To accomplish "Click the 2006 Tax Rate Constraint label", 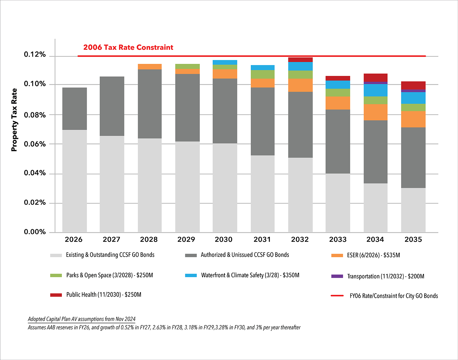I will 128,47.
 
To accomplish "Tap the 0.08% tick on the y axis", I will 35,115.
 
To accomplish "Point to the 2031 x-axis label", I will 262,239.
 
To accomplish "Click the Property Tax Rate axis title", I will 14,120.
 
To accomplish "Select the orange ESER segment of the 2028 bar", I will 150,67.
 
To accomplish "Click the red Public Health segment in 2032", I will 300,60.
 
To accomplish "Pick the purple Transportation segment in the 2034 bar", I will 375,83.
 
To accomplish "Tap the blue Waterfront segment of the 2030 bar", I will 225,62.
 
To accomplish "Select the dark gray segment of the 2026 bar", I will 74,109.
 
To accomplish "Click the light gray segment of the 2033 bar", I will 338,203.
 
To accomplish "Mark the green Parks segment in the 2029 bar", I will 187,66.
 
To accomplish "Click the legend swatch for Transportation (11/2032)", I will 337,276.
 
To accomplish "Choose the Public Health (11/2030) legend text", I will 104,295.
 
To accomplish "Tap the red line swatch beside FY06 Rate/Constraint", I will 337,296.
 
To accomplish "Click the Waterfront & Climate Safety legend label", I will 250,275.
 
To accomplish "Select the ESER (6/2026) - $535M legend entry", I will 373,255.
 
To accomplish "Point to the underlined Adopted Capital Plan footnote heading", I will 82,319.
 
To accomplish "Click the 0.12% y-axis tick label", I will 35,54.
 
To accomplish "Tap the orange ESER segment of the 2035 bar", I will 413,119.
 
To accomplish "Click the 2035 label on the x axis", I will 413,239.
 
